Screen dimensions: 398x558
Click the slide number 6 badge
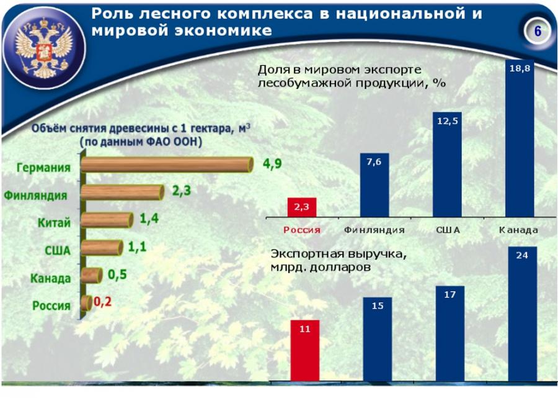[x=538, y=32]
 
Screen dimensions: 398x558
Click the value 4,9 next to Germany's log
[x=272, y=164]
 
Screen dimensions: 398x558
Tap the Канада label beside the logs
[x=51, y=278]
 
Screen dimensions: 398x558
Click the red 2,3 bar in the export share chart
[x=301, y=207]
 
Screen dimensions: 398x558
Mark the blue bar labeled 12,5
[x=447, y=165]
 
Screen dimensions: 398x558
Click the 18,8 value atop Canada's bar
[x=520, y=69]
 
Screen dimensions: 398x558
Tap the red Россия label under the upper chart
[x=302, y=230]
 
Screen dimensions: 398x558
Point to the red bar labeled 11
[x=304, y=350]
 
